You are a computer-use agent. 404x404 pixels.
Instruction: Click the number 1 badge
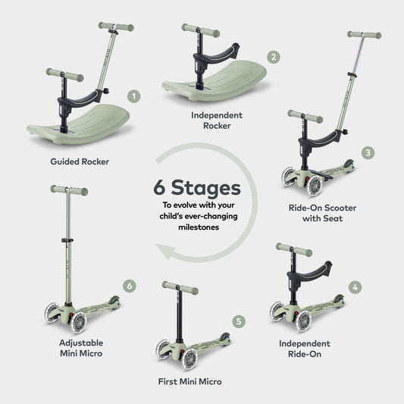coord(134,96)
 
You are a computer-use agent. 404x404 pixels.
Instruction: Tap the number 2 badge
coord(274,57)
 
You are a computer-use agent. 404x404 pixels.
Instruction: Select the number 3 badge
coord(368,152)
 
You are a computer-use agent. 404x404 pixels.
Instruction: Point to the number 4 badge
coord(355,287)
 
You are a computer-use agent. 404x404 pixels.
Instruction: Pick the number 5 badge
coord(240,322)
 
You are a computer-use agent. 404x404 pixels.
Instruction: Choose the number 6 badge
coord(130,286)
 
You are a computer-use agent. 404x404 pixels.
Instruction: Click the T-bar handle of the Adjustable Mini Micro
coord(69,190)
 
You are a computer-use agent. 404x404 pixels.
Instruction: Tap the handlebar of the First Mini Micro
coord(180,287)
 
